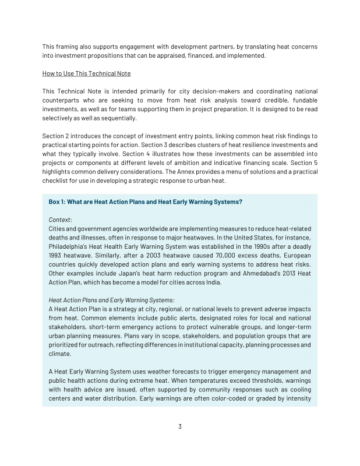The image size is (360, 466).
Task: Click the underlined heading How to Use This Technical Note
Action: [x=87, y=73]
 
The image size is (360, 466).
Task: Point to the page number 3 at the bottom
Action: [x=180, y=426]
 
